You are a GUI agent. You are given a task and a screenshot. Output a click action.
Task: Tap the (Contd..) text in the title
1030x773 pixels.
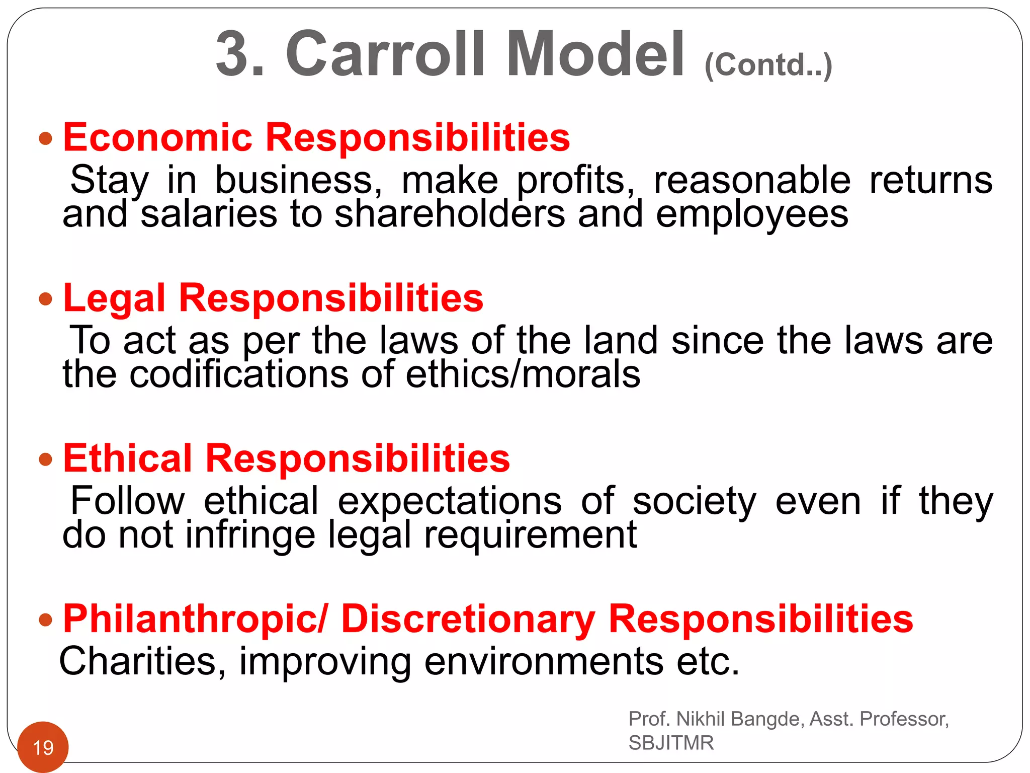768,65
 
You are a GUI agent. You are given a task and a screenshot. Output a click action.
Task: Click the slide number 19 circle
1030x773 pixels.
43,747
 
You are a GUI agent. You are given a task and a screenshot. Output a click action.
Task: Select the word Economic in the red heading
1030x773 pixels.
157,137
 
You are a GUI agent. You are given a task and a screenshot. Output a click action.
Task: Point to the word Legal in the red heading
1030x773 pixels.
114,298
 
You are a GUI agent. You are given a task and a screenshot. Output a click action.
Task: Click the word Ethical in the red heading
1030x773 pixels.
128,458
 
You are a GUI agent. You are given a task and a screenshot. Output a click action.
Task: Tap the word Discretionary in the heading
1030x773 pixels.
468,619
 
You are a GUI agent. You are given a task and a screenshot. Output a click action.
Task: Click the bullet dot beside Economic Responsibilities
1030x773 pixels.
46,138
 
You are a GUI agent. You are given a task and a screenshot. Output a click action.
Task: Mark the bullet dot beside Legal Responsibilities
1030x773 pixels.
46,299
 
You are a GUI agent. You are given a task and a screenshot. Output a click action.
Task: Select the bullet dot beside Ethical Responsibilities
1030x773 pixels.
46,459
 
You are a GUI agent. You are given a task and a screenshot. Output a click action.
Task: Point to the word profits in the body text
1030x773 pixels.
575,180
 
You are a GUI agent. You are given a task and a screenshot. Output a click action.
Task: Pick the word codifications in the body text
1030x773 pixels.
239,374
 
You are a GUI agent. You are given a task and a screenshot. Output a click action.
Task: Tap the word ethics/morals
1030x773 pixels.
523,374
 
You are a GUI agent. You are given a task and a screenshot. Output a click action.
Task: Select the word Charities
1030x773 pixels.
142,661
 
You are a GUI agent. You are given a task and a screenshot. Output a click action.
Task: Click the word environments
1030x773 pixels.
544,661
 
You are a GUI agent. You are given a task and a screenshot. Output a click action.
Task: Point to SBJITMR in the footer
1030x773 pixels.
671,743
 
